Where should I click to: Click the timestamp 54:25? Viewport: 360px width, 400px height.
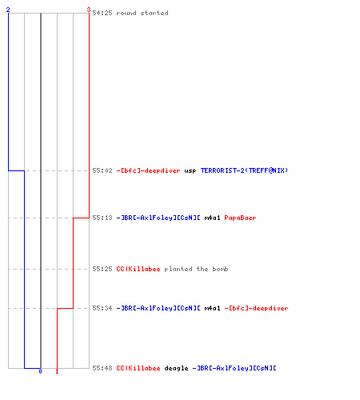pos(102,13)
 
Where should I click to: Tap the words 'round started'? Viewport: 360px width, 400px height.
pos(142,13)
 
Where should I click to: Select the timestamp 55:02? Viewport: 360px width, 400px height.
pos(102,170)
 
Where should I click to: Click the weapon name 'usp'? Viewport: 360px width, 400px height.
pos(190,171)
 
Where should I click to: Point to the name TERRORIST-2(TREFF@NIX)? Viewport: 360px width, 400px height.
pos(244,170)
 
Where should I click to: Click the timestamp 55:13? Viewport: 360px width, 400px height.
pos(102,218)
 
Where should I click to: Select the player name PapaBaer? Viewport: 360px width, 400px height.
pos(240,218)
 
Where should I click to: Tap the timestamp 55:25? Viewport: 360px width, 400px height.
pos(102,269)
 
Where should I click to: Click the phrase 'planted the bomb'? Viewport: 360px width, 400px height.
pos(196,269)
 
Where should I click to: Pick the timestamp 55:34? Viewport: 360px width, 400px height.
pos(102,308)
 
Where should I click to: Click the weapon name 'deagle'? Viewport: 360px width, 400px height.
pos(176,368)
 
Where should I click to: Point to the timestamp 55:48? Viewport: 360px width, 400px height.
pos(102,368)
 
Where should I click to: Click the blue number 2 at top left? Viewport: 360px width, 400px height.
pos(8,10)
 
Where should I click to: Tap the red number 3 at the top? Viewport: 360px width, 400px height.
pos(89,10)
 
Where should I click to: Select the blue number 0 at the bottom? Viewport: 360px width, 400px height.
pos(40,371)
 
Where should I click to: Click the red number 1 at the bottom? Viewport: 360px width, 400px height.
pos(57,371)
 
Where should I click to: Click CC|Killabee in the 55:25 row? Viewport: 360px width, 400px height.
pos(138,269)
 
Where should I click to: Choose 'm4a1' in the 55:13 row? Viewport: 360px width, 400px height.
pos(212,218)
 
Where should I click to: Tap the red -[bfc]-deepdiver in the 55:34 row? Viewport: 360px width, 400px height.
pos(256,308)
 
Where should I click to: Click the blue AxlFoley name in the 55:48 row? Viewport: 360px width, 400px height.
pos(234,368)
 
